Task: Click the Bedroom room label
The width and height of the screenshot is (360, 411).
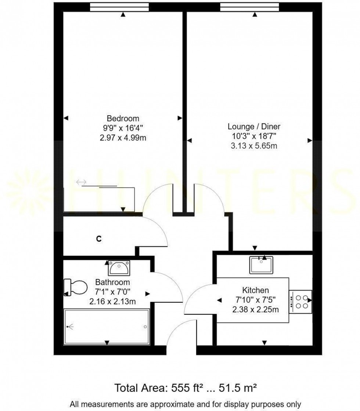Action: pos(123,119)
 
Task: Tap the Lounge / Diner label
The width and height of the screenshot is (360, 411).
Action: pos(254,127)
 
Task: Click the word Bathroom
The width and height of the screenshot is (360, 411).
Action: pos(112,283)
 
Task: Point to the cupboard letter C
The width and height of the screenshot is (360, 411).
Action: pos(98,239)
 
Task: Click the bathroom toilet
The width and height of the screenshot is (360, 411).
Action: pos(75,287)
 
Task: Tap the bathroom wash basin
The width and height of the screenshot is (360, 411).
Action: pos(119,268)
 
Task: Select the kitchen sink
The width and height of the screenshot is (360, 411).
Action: pos(261,265)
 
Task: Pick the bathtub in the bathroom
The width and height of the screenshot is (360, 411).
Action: pos(107,327)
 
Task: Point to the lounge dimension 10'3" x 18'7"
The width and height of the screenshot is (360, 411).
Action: pos(254,137)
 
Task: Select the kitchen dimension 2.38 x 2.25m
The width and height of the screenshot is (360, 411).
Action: pos(255,309)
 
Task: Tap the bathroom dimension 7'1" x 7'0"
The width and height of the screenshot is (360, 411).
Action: pos(112,292)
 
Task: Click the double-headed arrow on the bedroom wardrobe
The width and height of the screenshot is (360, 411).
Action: pos(81,182)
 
